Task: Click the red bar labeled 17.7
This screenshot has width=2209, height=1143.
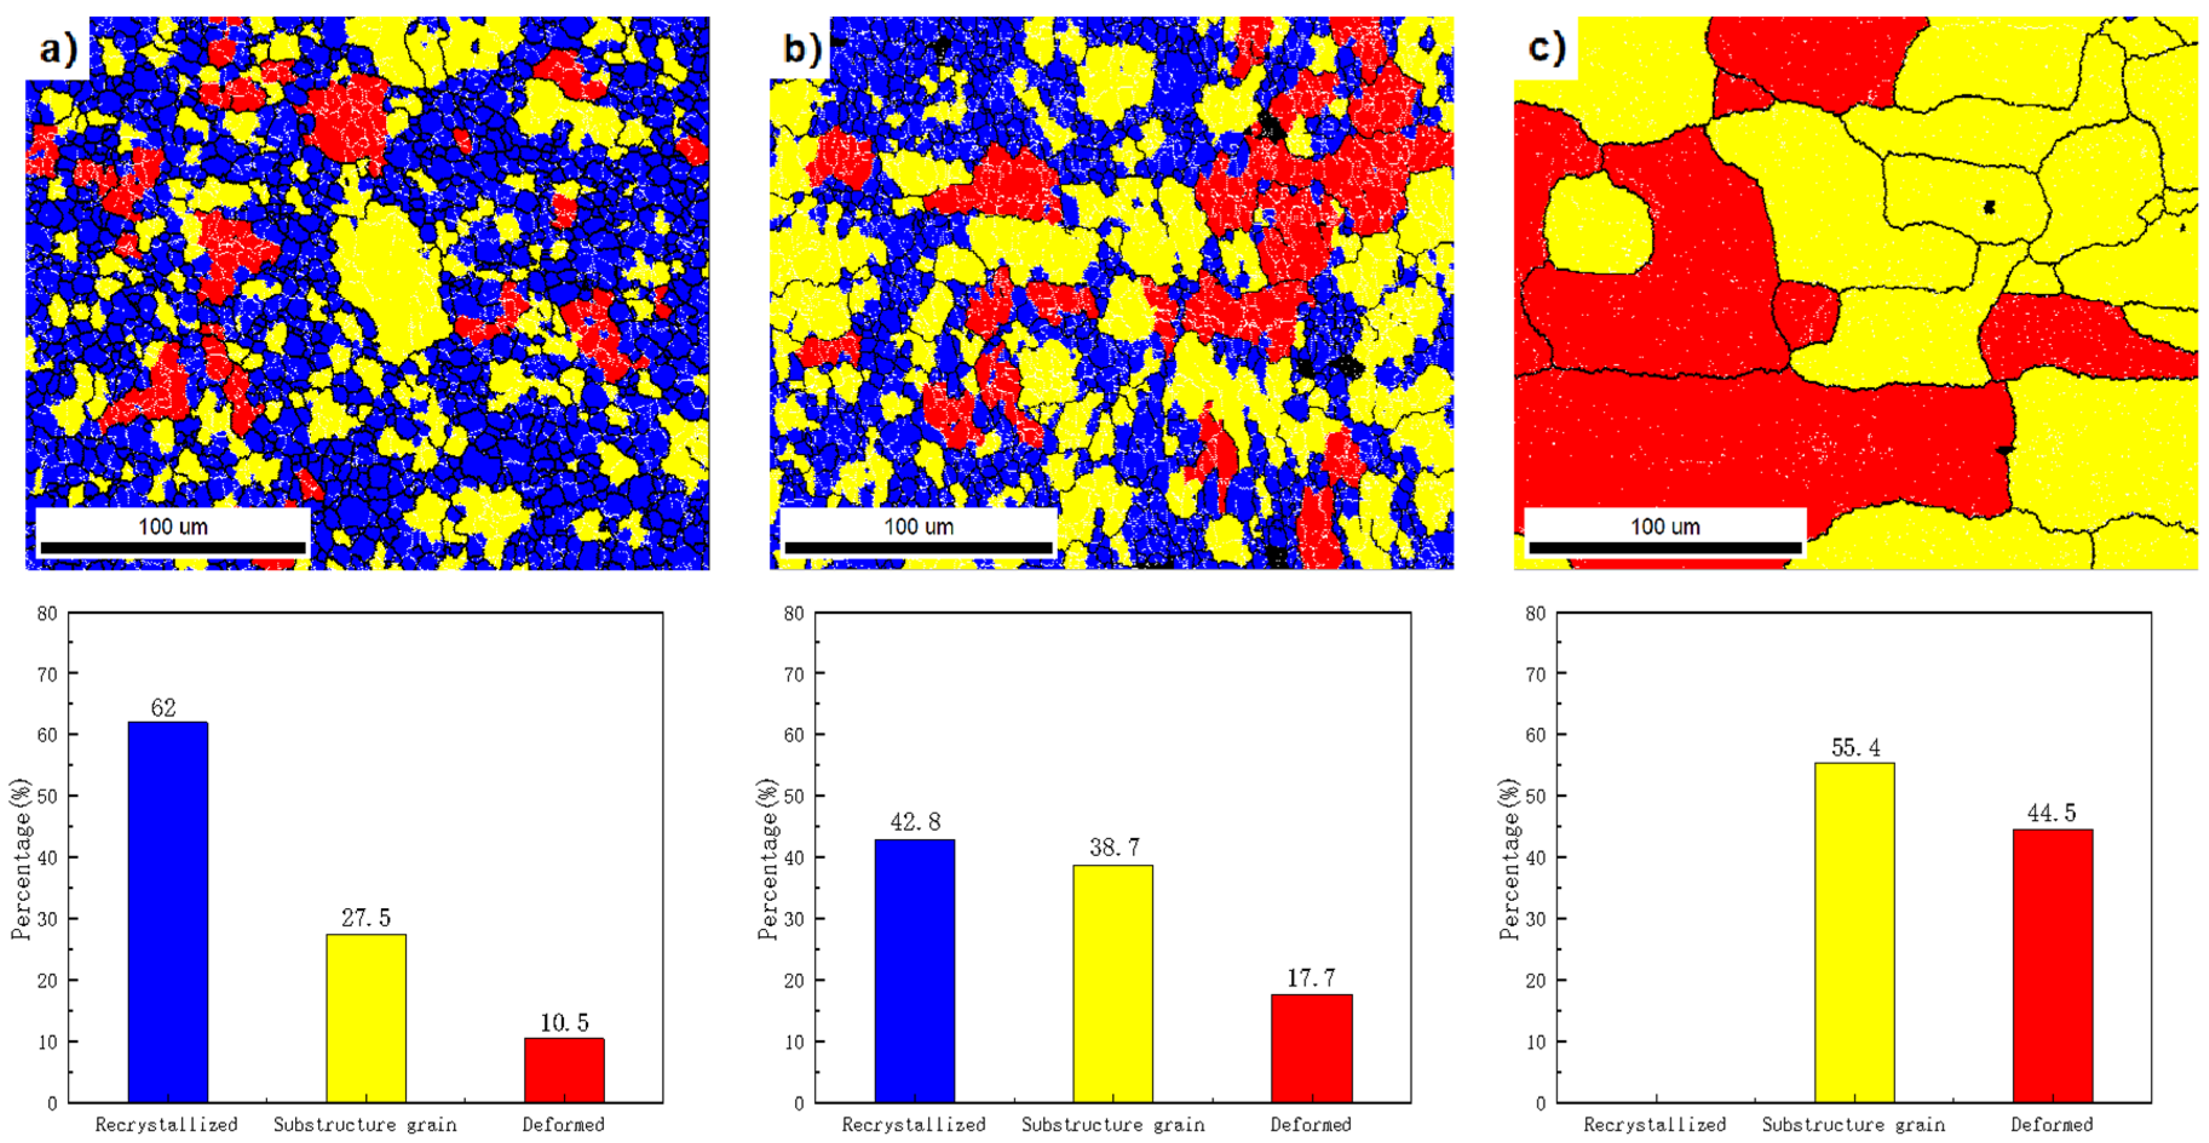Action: (1311, 1048)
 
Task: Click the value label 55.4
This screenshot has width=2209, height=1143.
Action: (1856, 748)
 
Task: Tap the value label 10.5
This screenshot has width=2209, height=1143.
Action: (565, 1023)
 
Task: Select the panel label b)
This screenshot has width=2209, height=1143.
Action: (802, 49)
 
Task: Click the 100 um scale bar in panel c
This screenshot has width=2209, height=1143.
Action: (1664, 547)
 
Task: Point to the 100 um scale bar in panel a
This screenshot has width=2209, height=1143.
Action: (172, 547)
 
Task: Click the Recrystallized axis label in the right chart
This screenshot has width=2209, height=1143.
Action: (1654, 1124)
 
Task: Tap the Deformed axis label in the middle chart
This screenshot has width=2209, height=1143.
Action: (1311, 1124)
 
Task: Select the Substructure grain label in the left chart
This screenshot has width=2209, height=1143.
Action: (365, 1124)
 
